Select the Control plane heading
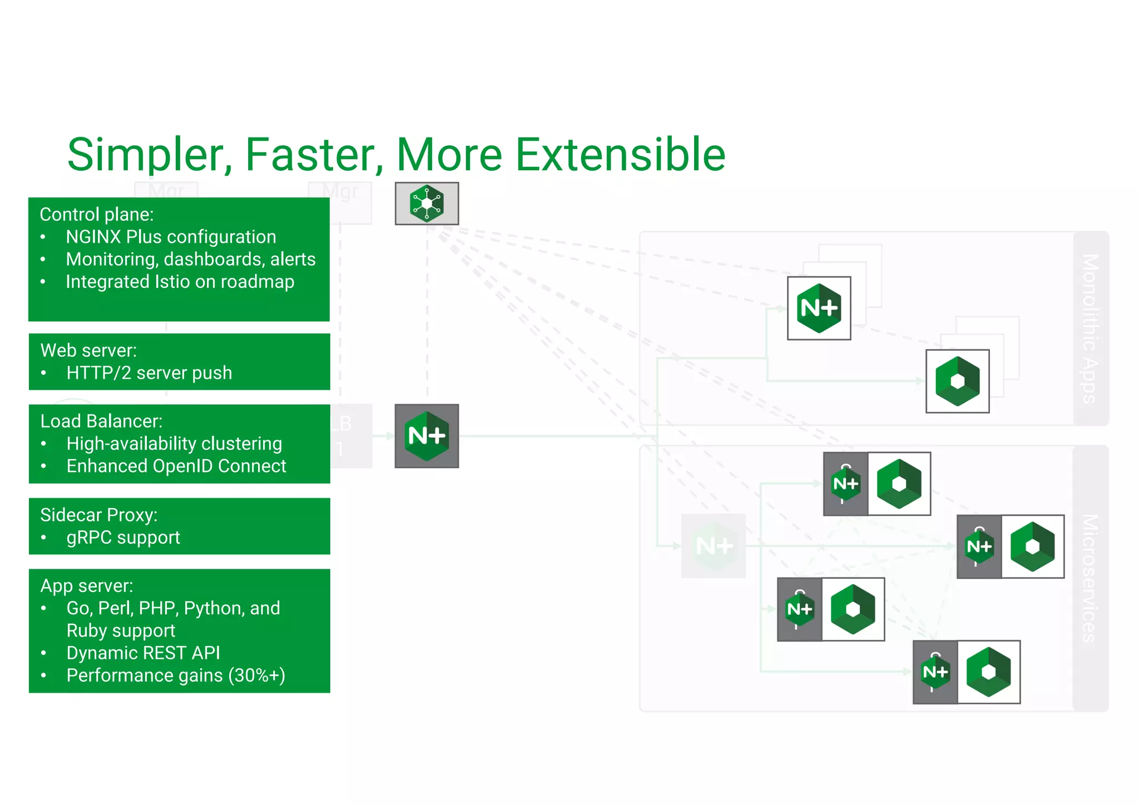[97, 215]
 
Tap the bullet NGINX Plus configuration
[171, 237]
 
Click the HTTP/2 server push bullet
[148, 373]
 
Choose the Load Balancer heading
[101, 421]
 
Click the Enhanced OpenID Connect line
[176, 466]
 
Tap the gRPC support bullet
[123, 538]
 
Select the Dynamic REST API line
[143, 653]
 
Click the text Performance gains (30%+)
[175, 675]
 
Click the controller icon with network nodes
[427, 203]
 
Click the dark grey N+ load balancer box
[427, 436]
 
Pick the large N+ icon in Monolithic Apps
[819, 308]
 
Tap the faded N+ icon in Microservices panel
[714, 545]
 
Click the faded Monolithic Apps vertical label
[1091, 328]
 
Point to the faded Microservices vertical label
[1091, 578]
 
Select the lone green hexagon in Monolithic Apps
[957, 381]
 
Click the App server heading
[87, 586]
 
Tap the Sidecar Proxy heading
[98, 515]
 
